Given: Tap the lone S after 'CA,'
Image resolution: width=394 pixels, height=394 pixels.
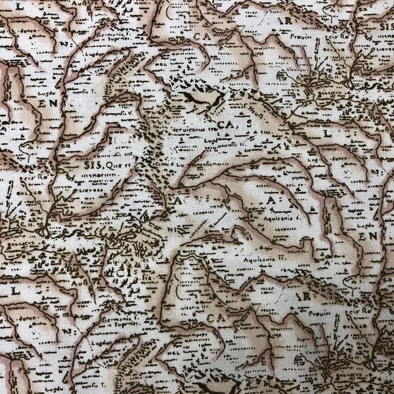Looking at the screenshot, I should click(x=250, y=123).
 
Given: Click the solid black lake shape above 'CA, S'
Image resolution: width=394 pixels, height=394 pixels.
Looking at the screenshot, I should click(x=203, y=98).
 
